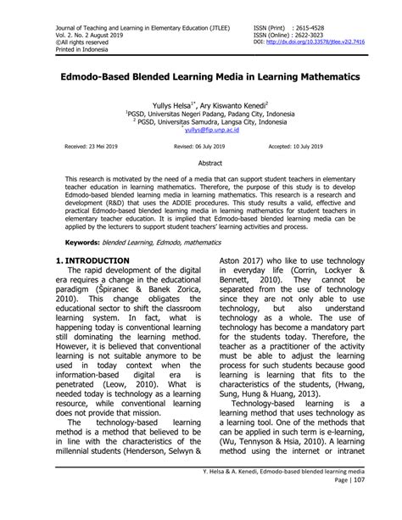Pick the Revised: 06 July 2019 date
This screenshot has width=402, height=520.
(200, 146)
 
